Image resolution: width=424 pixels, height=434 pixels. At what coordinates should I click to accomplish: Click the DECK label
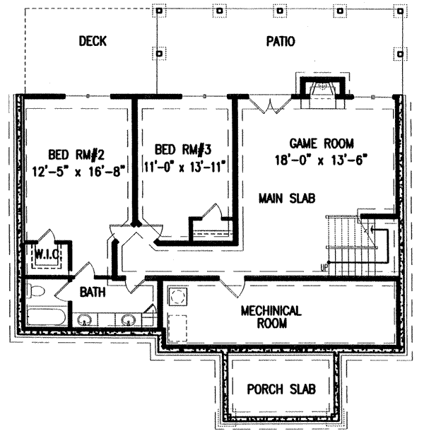(93, 42)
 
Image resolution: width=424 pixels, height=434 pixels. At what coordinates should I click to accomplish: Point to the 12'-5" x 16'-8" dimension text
(78, 170)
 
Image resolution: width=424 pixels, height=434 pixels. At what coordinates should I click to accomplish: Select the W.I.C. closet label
(40, 253)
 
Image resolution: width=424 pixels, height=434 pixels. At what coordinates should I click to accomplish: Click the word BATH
(93, 292)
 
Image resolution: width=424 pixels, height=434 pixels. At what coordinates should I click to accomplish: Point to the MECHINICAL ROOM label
(271, 317)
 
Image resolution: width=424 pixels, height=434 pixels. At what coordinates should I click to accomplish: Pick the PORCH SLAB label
(281, 389)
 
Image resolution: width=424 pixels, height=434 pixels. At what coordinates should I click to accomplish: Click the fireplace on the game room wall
(322, 92)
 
